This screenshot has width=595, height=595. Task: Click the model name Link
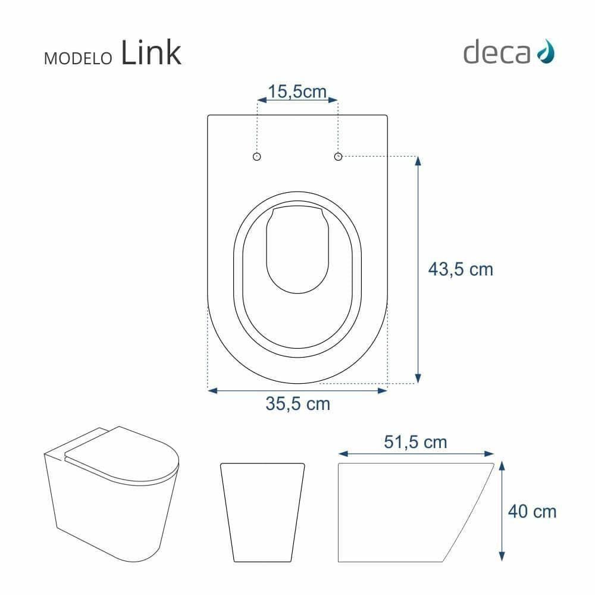click(x=151, y=53)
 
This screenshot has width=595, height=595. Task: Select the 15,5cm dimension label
click(x=297, y=91)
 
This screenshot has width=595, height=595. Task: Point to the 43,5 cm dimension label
click(x=461, y=270)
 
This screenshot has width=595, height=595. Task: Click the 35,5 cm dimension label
click(x=297, y=404)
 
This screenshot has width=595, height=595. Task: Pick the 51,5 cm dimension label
click(x=416, y=443)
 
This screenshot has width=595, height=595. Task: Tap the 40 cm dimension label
click(x=533, y=511)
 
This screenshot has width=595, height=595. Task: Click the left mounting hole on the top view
click(x=257, y=156)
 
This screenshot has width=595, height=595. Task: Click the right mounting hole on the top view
click(x=338, y=156)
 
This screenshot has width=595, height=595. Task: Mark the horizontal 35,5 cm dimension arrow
click(x=297, y=390)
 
